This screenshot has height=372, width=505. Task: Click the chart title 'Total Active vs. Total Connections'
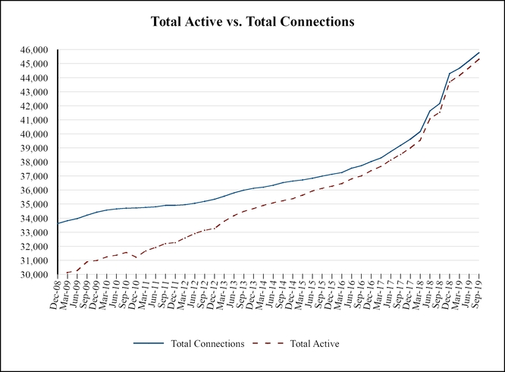coord(252,22)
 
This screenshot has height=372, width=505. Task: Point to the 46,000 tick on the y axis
coord(35,50)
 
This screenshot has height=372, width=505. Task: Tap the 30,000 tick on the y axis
coord(35,275)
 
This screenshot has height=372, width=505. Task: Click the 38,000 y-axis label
coord(35,162)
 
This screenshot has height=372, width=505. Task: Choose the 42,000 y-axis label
coord(35,106)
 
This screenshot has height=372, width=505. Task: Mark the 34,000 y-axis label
coord(35,219)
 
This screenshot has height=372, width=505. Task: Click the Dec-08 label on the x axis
coord(55,295)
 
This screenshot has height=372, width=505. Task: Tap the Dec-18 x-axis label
coord(450,295)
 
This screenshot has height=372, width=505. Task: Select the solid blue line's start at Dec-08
coord(58,223)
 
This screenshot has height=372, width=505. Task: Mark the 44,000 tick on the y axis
coord(35,78)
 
